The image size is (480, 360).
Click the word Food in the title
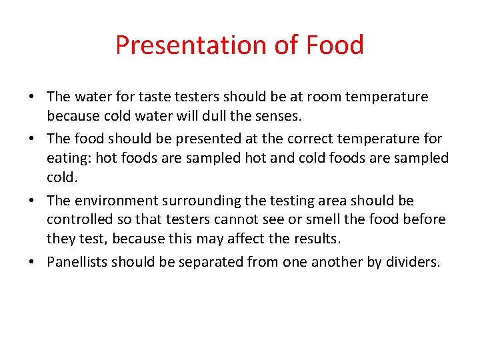click(x=335, y=45)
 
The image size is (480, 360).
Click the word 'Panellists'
click(x=77, y=262)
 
